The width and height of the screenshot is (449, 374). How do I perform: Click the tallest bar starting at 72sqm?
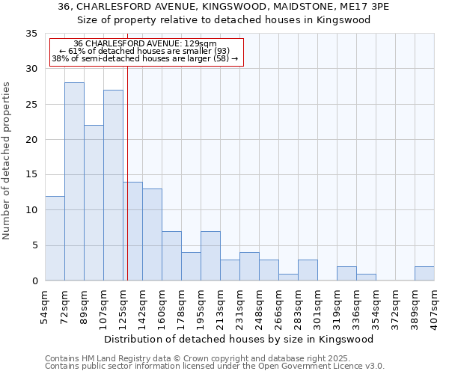(x=74, y=182)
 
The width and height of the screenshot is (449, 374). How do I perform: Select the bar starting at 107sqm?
(x=113, y=186)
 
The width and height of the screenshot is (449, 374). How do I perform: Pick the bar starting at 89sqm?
(x=94, y=203)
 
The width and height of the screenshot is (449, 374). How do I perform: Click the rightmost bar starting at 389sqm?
(x=424, y=274)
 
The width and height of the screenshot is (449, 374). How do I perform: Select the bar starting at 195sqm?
(x=210, y=256)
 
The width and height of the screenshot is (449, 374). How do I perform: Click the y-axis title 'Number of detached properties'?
(x=7, y=161)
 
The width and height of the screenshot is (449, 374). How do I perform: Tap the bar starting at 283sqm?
(x=308, y=270)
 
